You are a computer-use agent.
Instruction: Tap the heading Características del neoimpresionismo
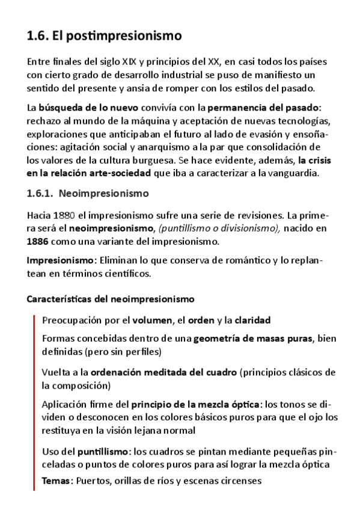pos(111,299)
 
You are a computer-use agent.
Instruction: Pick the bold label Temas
pos(57,481)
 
